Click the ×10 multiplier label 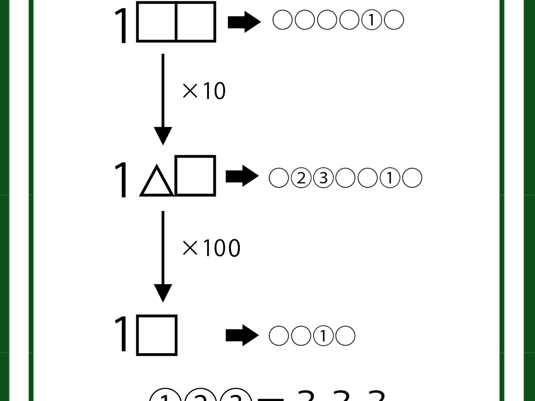204,91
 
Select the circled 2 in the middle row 301,178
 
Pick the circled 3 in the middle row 323,178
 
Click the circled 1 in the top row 371,20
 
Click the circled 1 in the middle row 390,178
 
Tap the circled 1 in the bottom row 323,336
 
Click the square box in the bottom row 157,335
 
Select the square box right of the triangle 195,175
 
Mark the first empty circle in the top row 283,20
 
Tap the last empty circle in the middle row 412,178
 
